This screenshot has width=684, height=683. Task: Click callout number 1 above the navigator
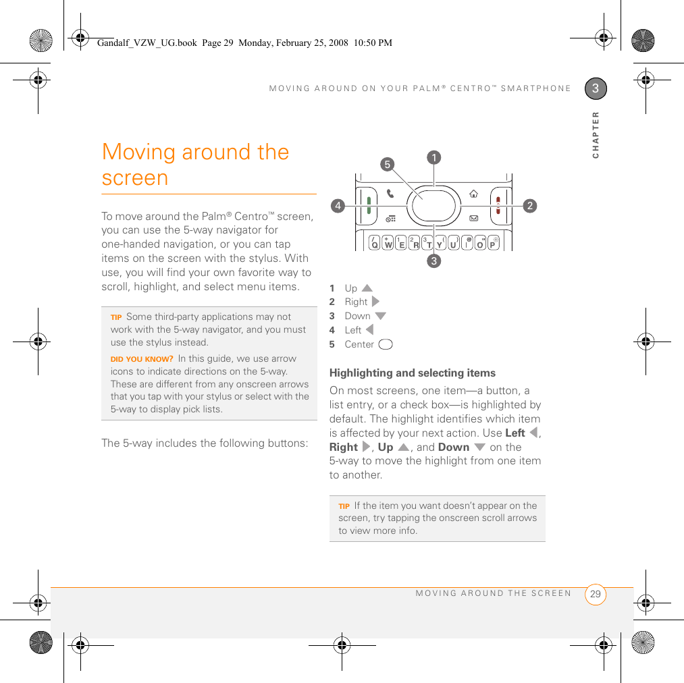pyautogui.click(x=433, y=157)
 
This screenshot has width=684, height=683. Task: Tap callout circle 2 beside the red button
pyautogui.click(x=529, y=205)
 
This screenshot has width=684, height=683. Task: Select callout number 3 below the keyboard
pyautogui.click(x=433, y=260)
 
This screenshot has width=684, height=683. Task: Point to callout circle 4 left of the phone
pyautogui.click(x=338, y=205)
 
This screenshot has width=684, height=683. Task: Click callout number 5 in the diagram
pyautogui.click(x=386, y=164)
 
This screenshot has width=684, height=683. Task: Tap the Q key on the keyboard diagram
pyautogui.click(x=375, y=242)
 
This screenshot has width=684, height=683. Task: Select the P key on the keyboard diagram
pyautogui.click(x=493, y=242)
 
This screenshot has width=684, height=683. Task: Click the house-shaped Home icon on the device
pyautogui.click(x=473, y=194)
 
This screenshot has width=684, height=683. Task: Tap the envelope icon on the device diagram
pyautogui.click(x=473, y=219)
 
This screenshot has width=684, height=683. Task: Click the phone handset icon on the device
pyautogui.click(x=391, y=194)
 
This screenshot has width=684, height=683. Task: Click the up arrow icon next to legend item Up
pyautogui.click(x=367, y=288)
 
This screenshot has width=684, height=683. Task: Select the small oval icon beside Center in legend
pyautogui.click(x=386, y=345)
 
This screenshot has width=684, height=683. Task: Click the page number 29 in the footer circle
pyautogui.click(x=595, y=594)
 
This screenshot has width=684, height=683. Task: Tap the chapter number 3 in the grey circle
pyautogui.click(x=596, y=88)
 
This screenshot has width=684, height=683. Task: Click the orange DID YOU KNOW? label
pyautogui.click(x=142, y=359)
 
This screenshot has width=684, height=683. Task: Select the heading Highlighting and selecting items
pyautogui.click(x=412, y=373)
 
